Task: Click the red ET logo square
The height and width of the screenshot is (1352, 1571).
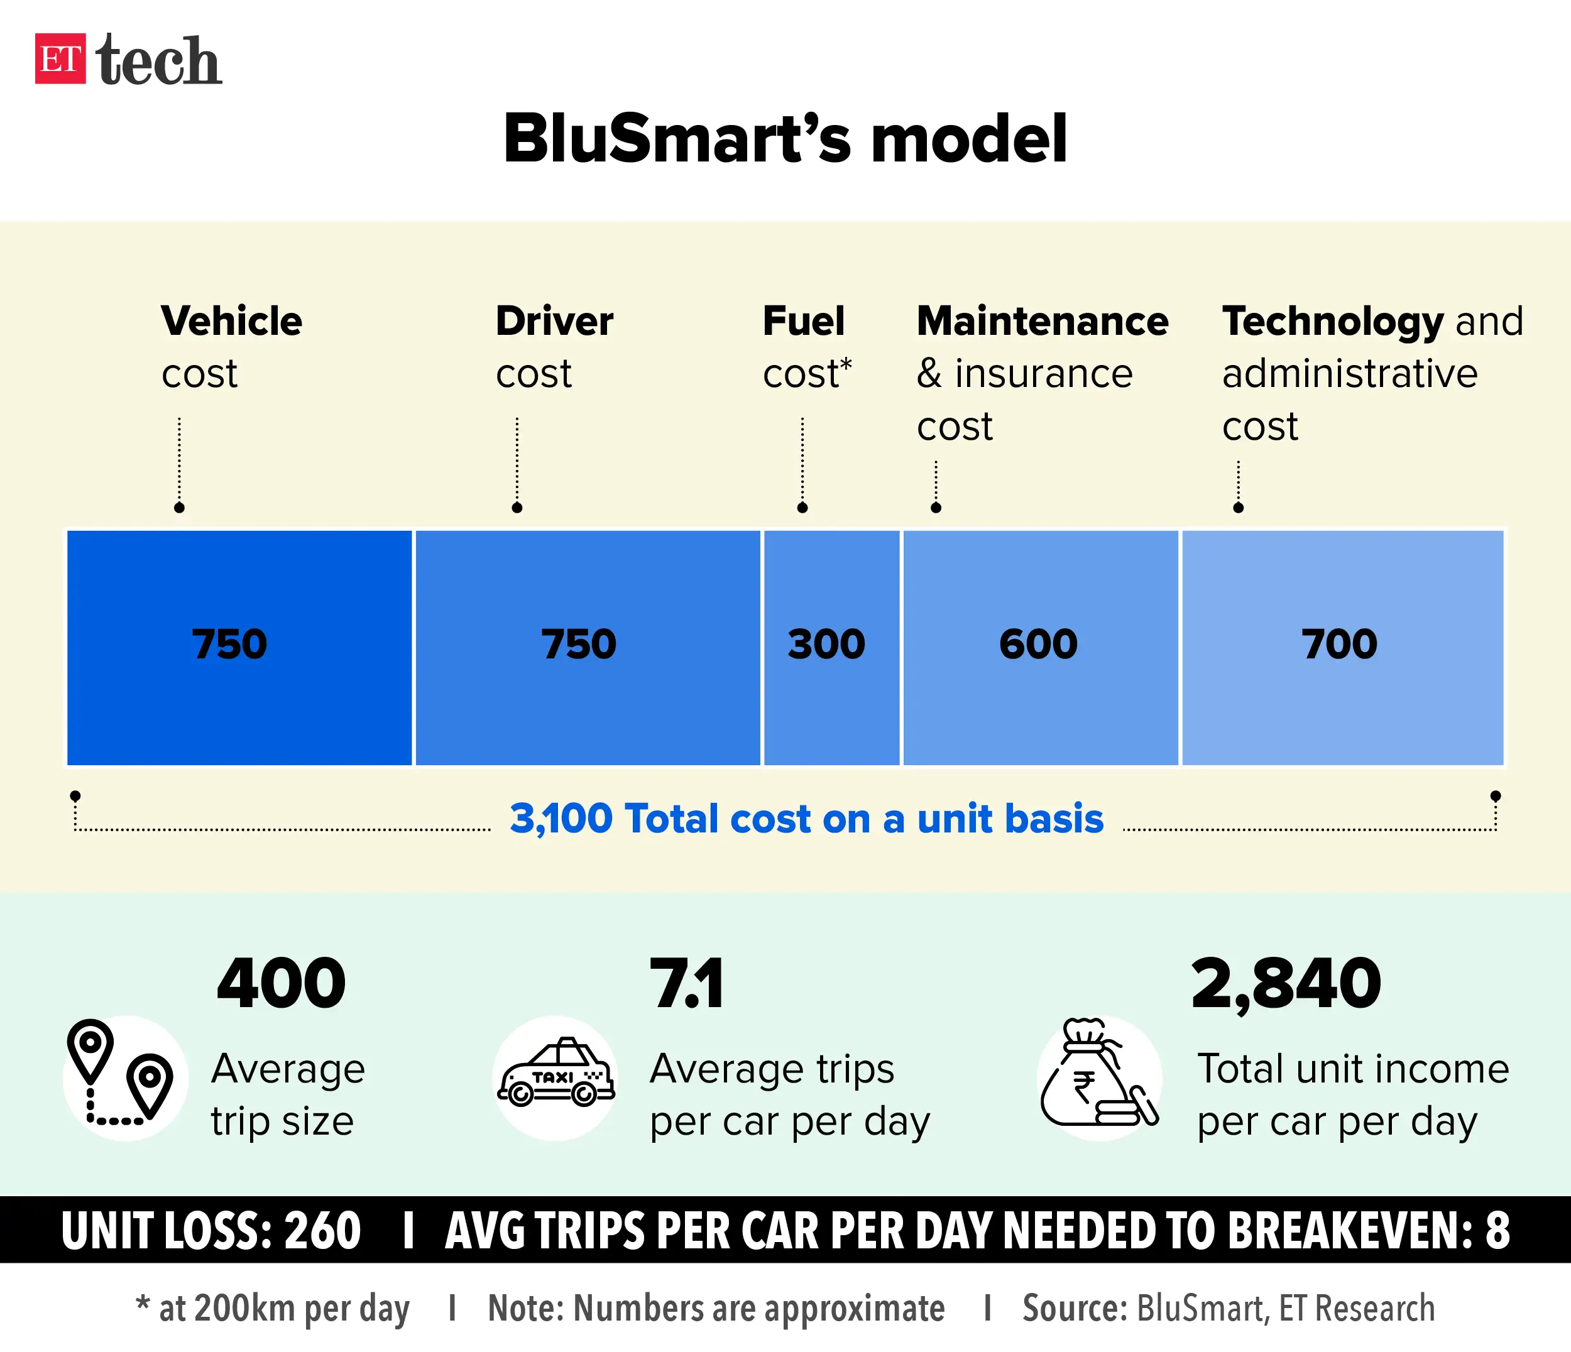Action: point(60,58)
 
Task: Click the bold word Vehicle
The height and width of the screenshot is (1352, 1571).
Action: point(232,321)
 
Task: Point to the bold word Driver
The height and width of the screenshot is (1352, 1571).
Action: point(554,321)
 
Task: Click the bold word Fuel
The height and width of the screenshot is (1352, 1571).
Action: point(803,321)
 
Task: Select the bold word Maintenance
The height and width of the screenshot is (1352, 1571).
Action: point(1043,321)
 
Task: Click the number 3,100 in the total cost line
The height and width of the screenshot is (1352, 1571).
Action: point(561,819)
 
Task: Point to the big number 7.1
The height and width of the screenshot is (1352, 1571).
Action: point(686,984)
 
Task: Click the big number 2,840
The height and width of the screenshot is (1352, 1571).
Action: point(1286,984)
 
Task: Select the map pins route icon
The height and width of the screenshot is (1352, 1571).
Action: point(121,1075)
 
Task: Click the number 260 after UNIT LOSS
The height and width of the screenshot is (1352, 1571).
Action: point(322,1231)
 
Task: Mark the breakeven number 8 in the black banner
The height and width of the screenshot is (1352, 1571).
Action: point(1497,1231)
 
